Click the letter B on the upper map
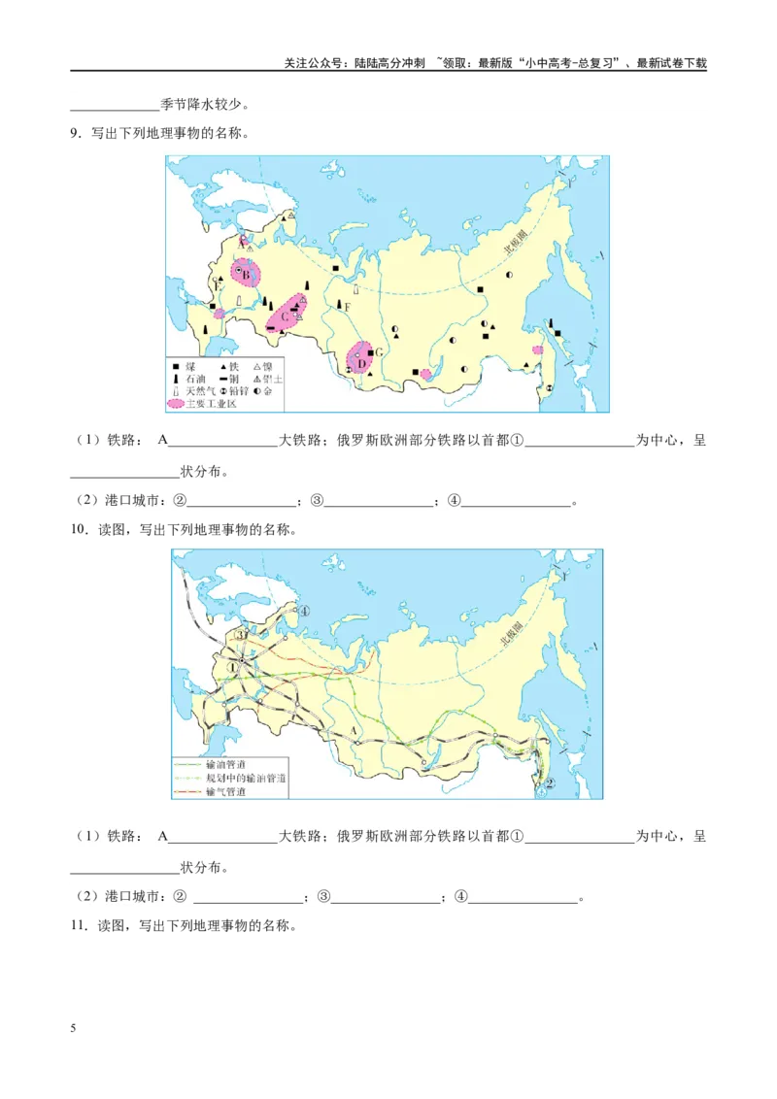[247, 275]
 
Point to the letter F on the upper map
[347, 307]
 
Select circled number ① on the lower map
[231, 667]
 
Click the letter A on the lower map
[353, 728]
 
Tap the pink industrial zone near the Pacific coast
[537, 350]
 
